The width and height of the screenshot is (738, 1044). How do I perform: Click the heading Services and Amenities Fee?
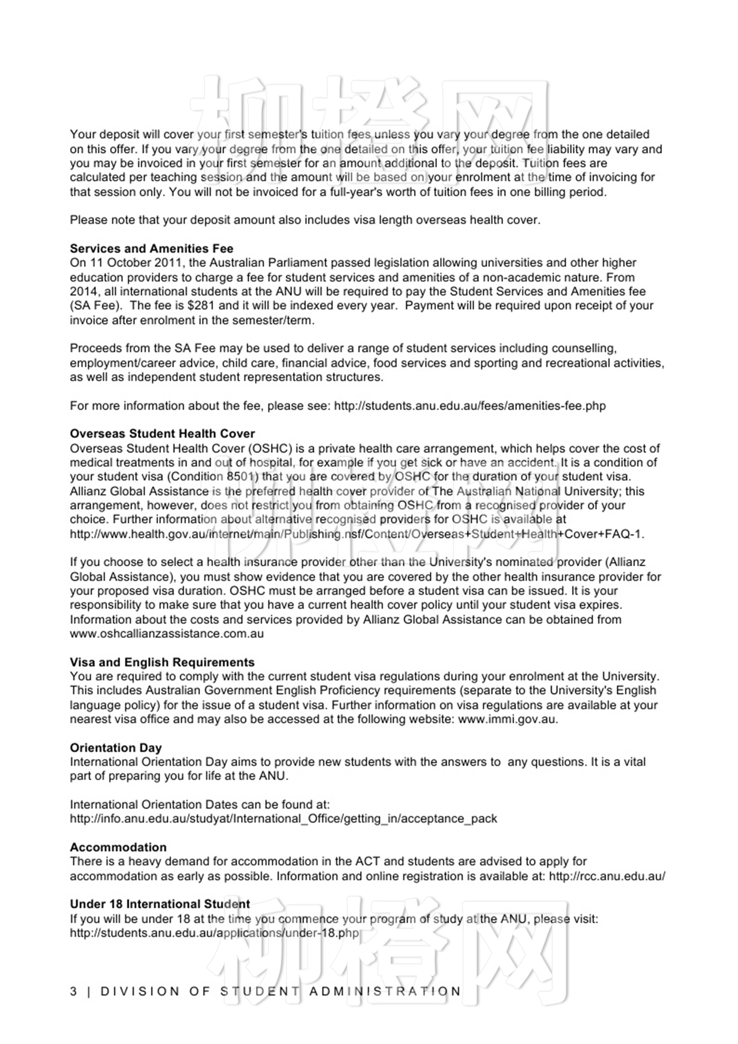pyautogui.click(x=151, y=248)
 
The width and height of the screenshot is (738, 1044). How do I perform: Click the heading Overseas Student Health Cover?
pyautogui.click(x=162, y=433)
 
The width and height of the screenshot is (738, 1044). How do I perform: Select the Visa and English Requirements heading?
pyautogui.click(x=162, y=662)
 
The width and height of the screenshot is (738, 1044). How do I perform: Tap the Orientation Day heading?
pyautogui.click(x=116, y=748)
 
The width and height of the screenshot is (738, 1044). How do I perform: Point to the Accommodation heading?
pyautogui.click(x=118, y=847)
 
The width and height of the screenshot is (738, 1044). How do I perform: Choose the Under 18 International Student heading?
pyautogui.click(x=160, y=904)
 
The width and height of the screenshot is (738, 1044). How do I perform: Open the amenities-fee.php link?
pyautogui.click(x=470, y=406)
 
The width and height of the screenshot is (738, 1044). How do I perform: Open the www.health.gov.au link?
pyautogui.click(x=356, y=534)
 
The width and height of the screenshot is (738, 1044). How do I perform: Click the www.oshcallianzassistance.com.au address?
pyautogui.click(x=167, y=634)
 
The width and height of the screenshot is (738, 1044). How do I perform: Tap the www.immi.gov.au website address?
pyautogui.click(x=507, y=719)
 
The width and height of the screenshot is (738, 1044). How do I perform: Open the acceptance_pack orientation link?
pyautogui.click(x=283, y=819)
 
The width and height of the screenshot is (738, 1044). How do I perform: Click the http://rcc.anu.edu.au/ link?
pyautogui.click(x=607, y=876)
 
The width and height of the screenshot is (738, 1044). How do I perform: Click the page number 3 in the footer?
pyautogui.click(x=73, y=991)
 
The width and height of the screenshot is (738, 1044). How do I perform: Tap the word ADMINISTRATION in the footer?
pyautogui.click(x=385, y=991)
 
